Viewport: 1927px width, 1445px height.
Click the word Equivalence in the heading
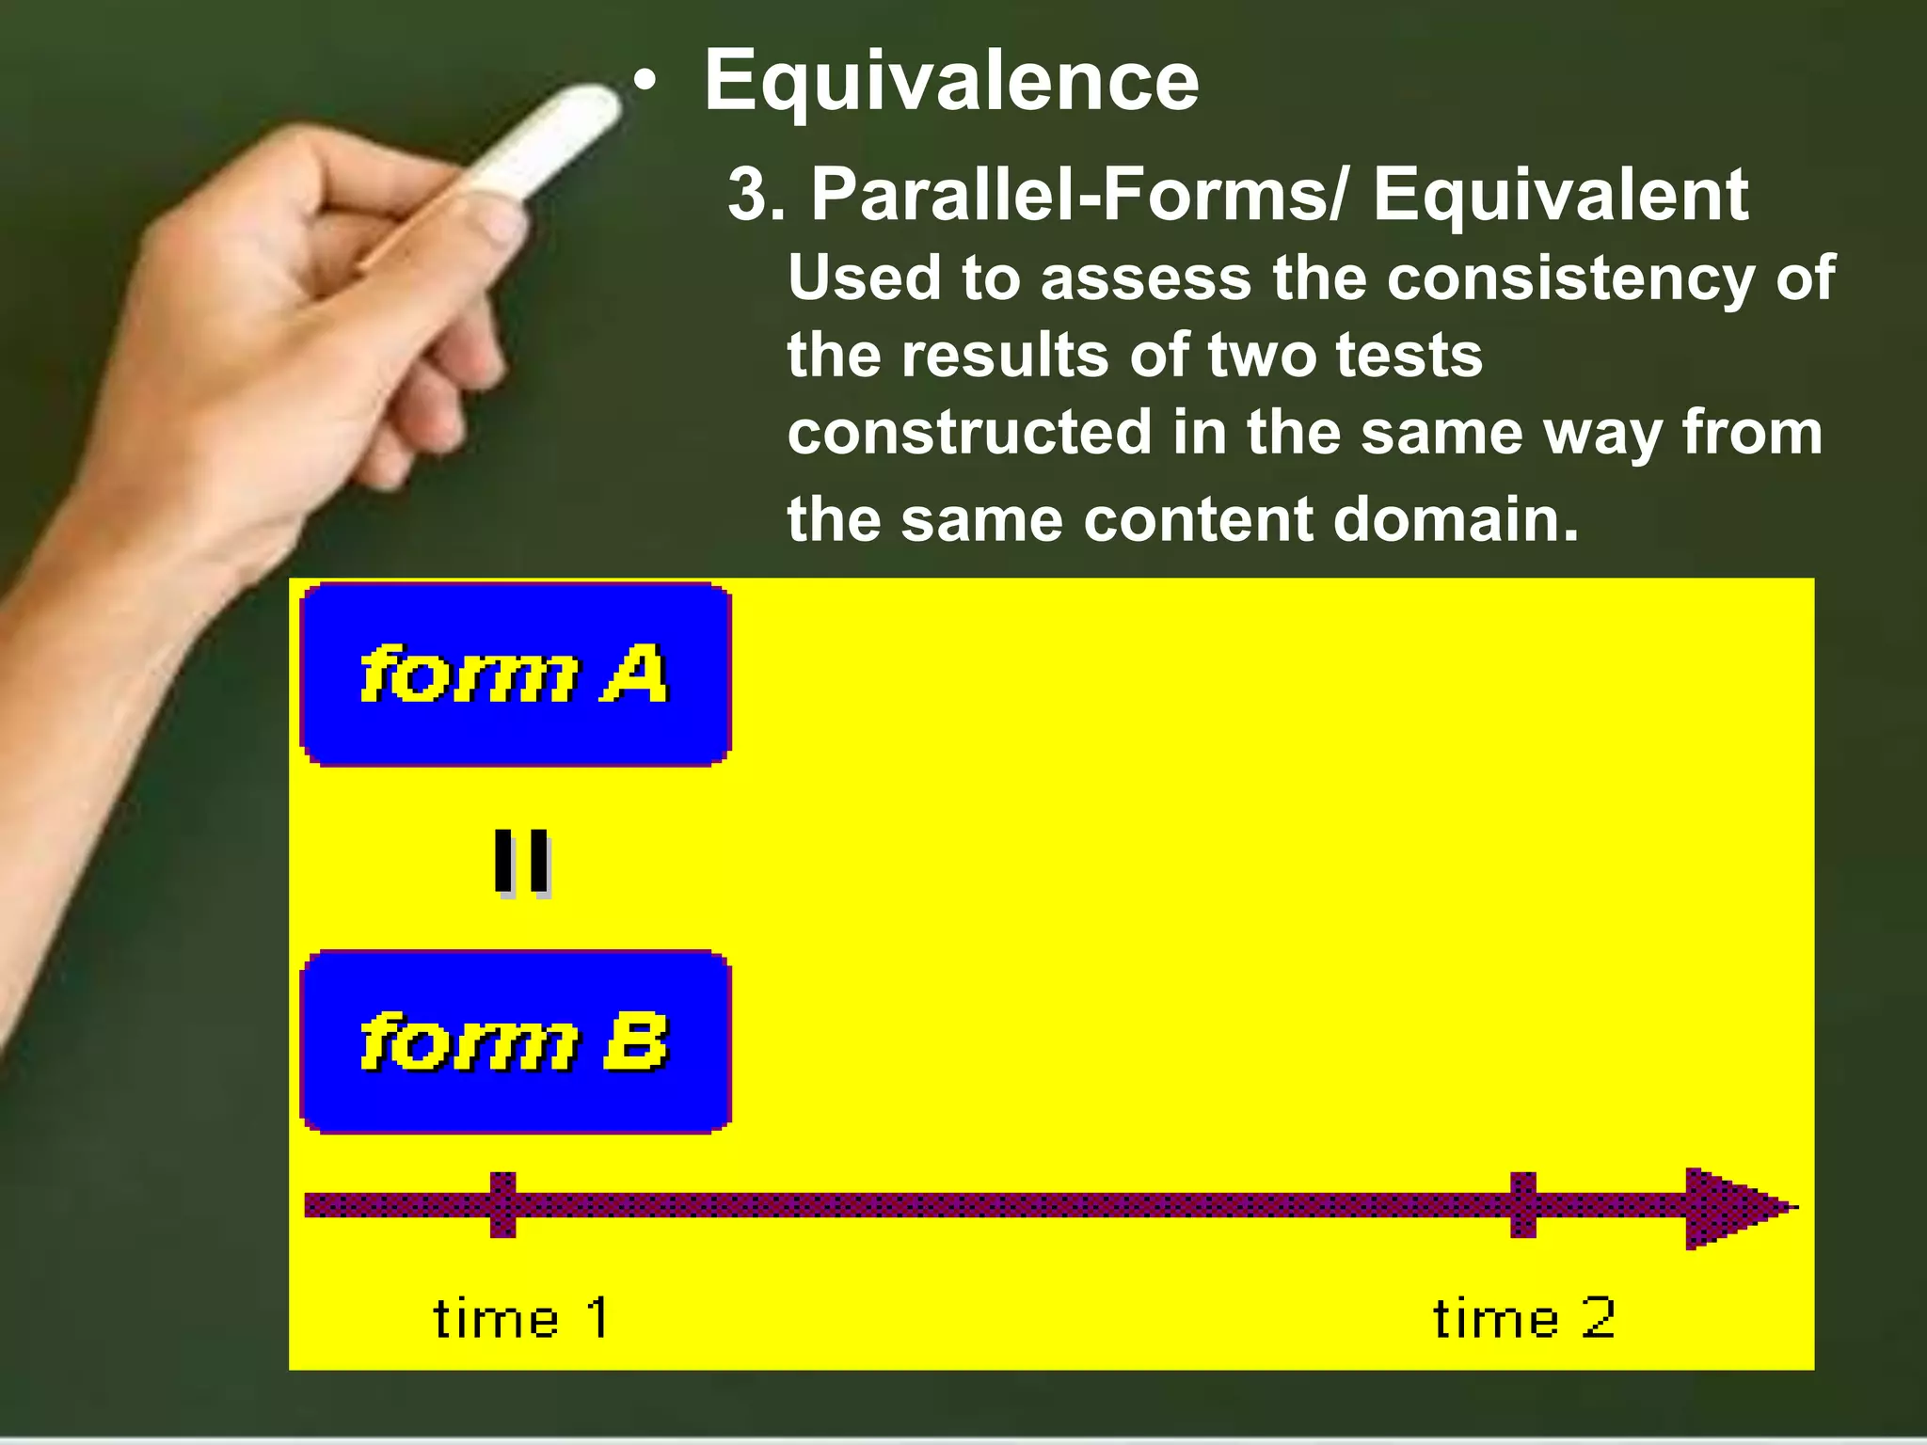[951, 83]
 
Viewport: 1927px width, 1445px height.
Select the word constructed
[970, 433]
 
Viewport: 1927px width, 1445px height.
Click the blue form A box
[516, 674]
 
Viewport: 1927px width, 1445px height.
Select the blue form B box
[516, 1042]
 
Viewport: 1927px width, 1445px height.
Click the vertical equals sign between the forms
[522, 862]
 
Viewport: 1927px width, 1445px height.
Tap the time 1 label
[520, 1318]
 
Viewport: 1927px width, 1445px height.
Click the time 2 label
[1524, 1318]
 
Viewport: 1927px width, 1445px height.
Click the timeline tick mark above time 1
[503, 1205]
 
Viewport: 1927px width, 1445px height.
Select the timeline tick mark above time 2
[1523, 1205]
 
